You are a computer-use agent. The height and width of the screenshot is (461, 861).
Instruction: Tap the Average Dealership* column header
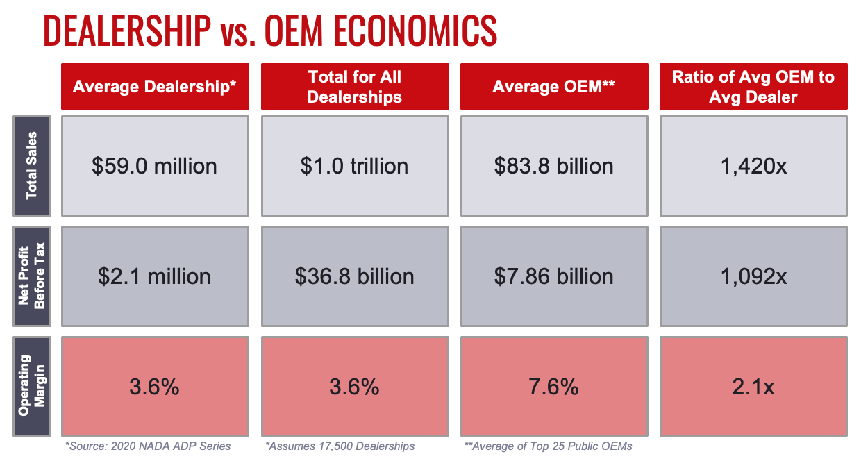[x=155, y=87]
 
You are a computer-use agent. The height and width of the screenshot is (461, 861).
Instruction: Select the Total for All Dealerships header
[x=354, y=87]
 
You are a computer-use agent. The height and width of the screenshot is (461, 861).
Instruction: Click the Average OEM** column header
[x=554, y=87]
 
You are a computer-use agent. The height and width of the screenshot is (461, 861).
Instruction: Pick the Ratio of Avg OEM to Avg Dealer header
[x=753, y=87]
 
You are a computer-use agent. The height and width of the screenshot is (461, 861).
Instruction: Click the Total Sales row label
[x=31, y=166]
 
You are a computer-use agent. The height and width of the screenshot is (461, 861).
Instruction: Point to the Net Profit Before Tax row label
[x=31, y=276]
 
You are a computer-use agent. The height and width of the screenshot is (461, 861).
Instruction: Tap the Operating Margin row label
[x=31, y=386]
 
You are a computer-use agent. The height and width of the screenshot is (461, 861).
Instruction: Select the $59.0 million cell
[x=155, y=166]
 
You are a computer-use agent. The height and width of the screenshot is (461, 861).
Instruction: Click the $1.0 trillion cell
[x=354, y=166]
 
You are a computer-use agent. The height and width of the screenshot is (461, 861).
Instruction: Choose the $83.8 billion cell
[x=554, y=166]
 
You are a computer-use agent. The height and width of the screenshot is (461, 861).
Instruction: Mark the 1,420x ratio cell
[x=753, y=166]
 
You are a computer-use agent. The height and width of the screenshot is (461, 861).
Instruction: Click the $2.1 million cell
[x=155, y=276]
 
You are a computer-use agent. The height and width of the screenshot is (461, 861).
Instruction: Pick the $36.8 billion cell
[x=354, y=276]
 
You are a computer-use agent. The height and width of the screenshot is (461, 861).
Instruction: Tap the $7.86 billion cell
[x=554, y=276]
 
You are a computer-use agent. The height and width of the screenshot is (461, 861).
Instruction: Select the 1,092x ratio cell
[x=753, y=276]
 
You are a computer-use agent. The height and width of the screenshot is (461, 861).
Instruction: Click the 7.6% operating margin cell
[x=554, y=386]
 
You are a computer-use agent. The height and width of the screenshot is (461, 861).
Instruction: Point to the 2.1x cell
[x=753, y=386]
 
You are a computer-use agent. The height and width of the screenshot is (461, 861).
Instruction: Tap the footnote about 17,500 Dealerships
[x=340, y=446]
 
